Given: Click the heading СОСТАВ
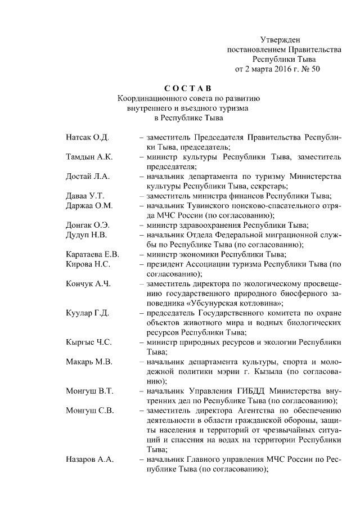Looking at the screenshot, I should [x=188, y=88].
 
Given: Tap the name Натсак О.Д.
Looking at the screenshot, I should [x=87, y=137].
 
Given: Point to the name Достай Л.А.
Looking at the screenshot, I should [x=87, y=176].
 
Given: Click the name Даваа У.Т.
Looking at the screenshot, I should [x=85, y=196].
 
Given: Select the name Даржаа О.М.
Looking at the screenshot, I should [x=89, y=205].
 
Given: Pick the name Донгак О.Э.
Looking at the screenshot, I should [x=88, y=225].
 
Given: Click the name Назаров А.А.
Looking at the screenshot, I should [x=90, y=460].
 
